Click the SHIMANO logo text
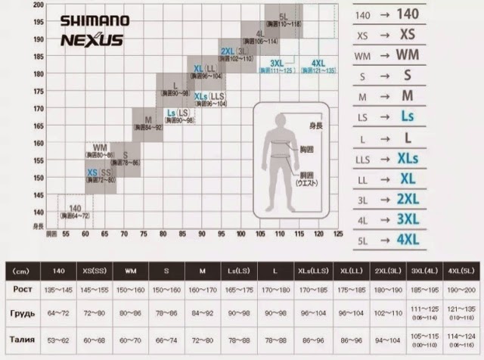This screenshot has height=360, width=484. (x=95, y=20)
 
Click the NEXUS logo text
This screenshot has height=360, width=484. (x=92, y=39)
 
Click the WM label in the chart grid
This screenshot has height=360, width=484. (x=100, y=147)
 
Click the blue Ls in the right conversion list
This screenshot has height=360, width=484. (x=407, y=116)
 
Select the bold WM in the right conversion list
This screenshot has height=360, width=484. (x=407, y=55)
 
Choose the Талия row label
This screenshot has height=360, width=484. (x=22, y=340)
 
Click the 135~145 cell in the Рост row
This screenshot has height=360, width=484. (x=58, y=290)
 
